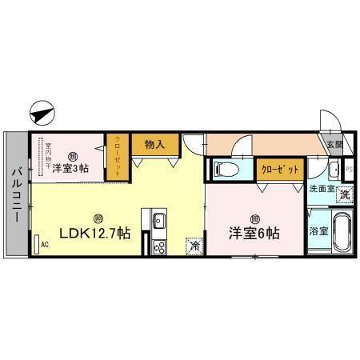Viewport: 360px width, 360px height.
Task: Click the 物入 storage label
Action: [x=154, y=144]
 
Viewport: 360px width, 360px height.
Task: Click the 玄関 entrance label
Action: [x=334, y=145]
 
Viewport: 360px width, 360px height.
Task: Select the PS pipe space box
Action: [x=348, y=170]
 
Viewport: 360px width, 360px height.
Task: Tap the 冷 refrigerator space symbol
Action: [x=194, y=247]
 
